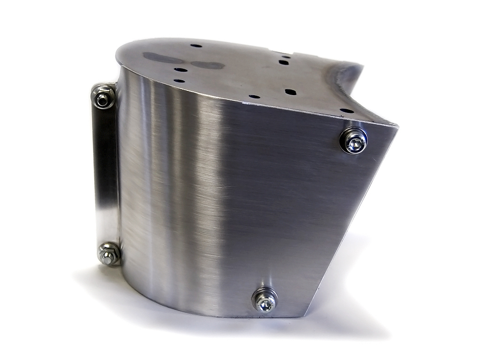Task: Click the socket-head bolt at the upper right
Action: tap(354, 141)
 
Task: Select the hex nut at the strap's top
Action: tap(102, 97)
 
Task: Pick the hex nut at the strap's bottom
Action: tap(109, 255)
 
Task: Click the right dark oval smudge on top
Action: tap(207, 65)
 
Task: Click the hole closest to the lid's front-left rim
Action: tap(179, 81)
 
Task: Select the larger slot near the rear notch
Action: tap(284, 62)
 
